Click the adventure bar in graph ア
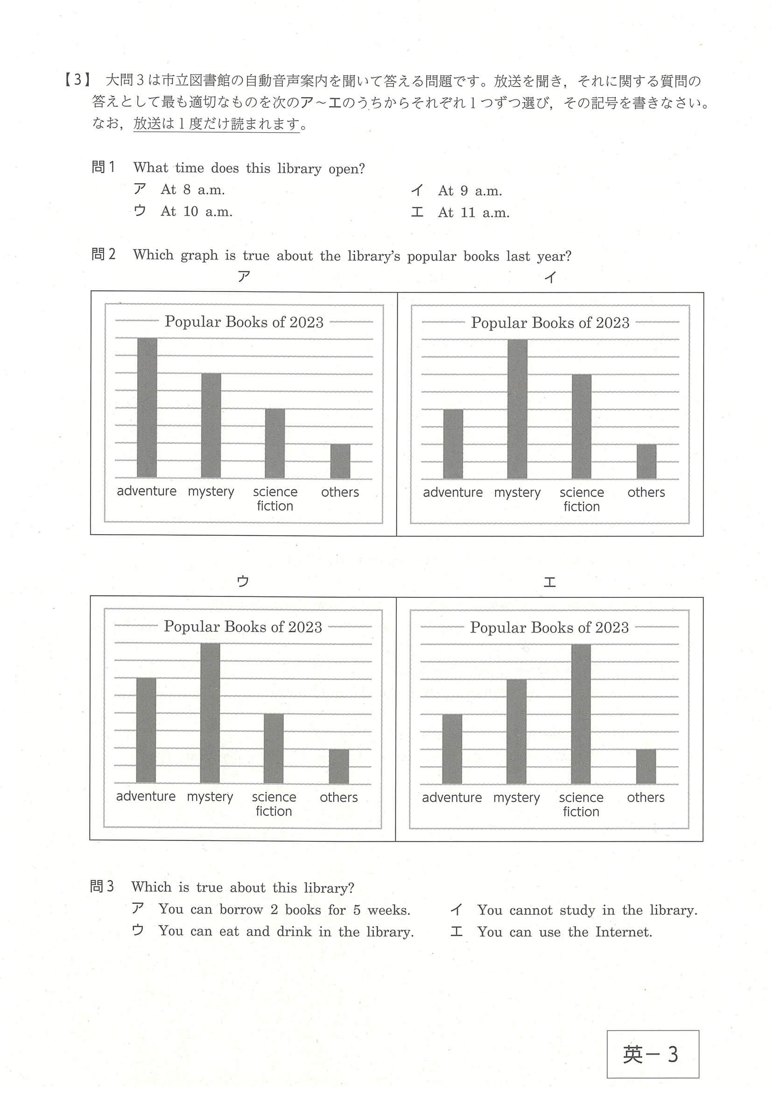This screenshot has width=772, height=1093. (x=147, y=407)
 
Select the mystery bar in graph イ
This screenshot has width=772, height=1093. (x=517, y=409)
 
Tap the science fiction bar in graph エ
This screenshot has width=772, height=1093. (x=581, y=714)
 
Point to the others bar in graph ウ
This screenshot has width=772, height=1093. (x=339, y=766)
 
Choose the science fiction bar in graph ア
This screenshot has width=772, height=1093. (x=274, y=443)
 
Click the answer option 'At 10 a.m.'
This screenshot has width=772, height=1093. (x=196, y=212)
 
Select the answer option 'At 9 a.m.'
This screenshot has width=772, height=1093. (x=470, y=191)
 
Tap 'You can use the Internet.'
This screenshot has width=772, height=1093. (x=564, y=932)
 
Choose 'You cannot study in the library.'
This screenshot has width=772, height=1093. (x=587, y=910)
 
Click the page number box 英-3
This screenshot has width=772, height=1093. (x=652, y=1054)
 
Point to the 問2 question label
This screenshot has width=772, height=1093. (x=103, y=254)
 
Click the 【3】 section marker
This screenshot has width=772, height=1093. (x=77, y=80)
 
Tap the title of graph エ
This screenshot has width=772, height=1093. (x=549, y=627)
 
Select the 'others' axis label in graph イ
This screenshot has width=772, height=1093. (x=646, y=492)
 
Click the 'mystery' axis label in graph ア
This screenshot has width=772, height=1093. (x=211, y=491)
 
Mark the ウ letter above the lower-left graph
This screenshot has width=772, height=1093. (x=243, y=581)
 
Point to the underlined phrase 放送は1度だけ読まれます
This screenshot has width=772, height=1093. (x=217, y=124)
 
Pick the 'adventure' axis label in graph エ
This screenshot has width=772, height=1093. (x=451, y=797)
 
